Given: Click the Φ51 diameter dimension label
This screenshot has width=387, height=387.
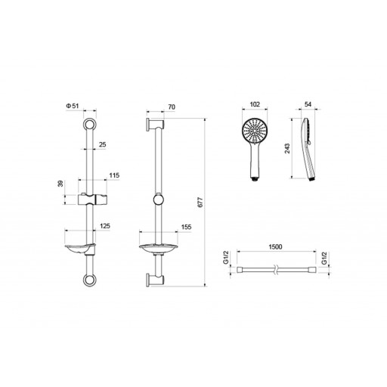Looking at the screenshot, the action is coord(73,106).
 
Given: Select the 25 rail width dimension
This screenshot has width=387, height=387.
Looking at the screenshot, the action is coord(103,144).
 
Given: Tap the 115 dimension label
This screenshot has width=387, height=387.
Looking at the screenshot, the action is coord(114,175).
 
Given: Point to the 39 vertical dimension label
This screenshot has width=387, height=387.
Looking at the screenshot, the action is coord(60,184).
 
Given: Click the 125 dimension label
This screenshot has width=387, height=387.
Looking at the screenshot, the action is coord(105,226).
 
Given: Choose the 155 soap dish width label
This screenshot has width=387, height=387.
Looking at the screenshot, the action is coord(186,227).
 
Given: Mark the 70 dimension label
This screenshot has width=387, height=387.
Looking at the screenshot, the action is coord(172,107).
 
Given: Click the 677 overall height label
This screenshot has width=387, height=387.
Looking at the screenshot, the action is coord(200,203).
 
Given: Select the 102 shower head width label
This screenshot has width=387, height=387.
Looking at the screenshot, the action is coord(255,104).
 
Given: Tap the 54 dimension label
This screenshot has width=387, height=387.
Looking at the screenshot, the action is coord(308,104).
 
